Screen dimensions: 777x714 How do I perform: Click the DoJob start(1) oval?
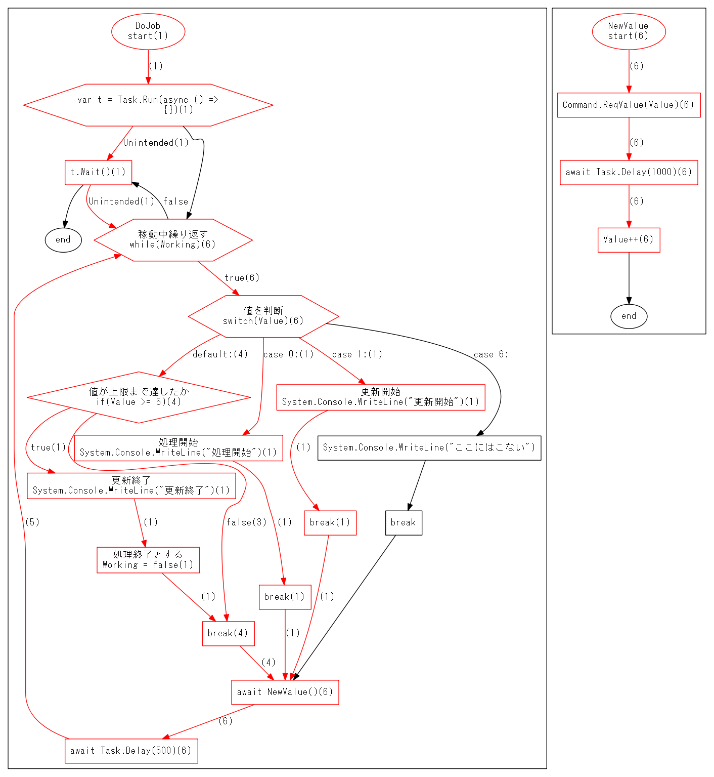[148, 31]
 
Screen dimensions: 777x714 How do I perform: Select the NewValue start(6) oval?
[629, 31]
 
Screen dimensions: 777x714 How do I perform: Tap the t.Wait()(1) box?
[98, 173]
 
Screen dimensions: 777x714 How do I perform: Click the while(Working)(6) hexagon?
[173, 240]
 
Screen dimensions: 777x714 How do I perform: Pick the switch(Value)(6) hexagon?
[263, 316]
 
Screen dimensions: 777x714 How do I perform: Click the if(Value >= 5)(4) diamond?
[139, 397]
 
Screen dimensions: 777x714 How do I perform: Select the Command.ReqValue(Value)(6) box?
[629, 105]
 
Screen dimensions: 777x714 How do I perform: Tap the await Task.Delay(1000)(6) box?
[629, 173]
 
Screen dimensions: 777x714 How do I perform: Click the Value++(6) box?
[629, 240]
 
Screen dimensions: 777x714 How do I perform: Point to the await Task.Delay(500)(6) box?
[131, 751]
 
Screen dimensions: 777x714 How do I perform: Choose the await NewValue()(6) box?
[285, 692]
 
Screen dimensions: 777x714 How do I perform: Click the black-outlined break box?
[404, 523]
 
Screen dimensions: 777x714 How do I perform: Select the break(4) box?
[228, 634]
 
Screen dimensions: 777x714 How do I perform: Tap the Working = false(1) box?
[148, 560]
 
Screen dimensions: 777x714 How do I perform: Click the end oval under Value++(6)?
[629, 316]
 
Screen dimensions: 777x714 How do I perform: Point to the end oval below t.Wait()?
[63, 240]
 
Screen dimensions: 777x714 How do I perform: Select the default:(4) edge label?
[220, 354]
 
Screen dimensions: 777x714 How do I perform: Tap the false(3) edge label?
[246, 522]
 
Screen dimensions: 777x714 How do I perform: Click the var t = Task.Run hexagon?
[148, 105]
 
